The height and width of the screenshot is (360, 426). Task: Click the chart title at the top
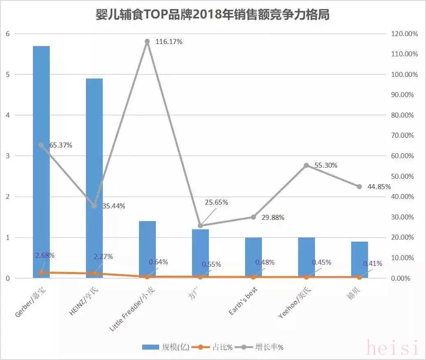tap(213, 15)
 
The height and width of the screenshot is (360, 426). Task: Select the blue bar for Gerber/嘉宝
tap(41, 164)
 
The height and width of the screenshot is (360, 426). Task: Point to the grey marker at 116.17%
tap(147, 42)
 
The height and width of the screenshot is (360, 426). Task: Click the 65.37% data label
tap(61, 145)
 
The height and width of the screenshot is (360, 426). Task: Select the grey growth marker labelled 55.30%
tap(306, 166)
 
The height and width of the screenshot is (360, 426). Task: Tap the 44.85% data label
tap(379, 187)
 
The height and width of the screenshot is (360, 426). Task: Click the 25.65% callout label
tap(216, 202)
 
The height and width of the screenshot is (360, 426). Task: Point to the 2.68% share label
tap(45, 255)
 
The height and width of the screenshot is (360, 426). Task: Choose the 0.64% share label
tap(158, 262)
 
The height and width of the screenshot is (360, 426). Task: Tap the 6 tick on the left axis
tap(7, 34)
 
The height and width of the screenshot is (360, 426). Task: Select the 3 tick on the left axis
tap(7, 156)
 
